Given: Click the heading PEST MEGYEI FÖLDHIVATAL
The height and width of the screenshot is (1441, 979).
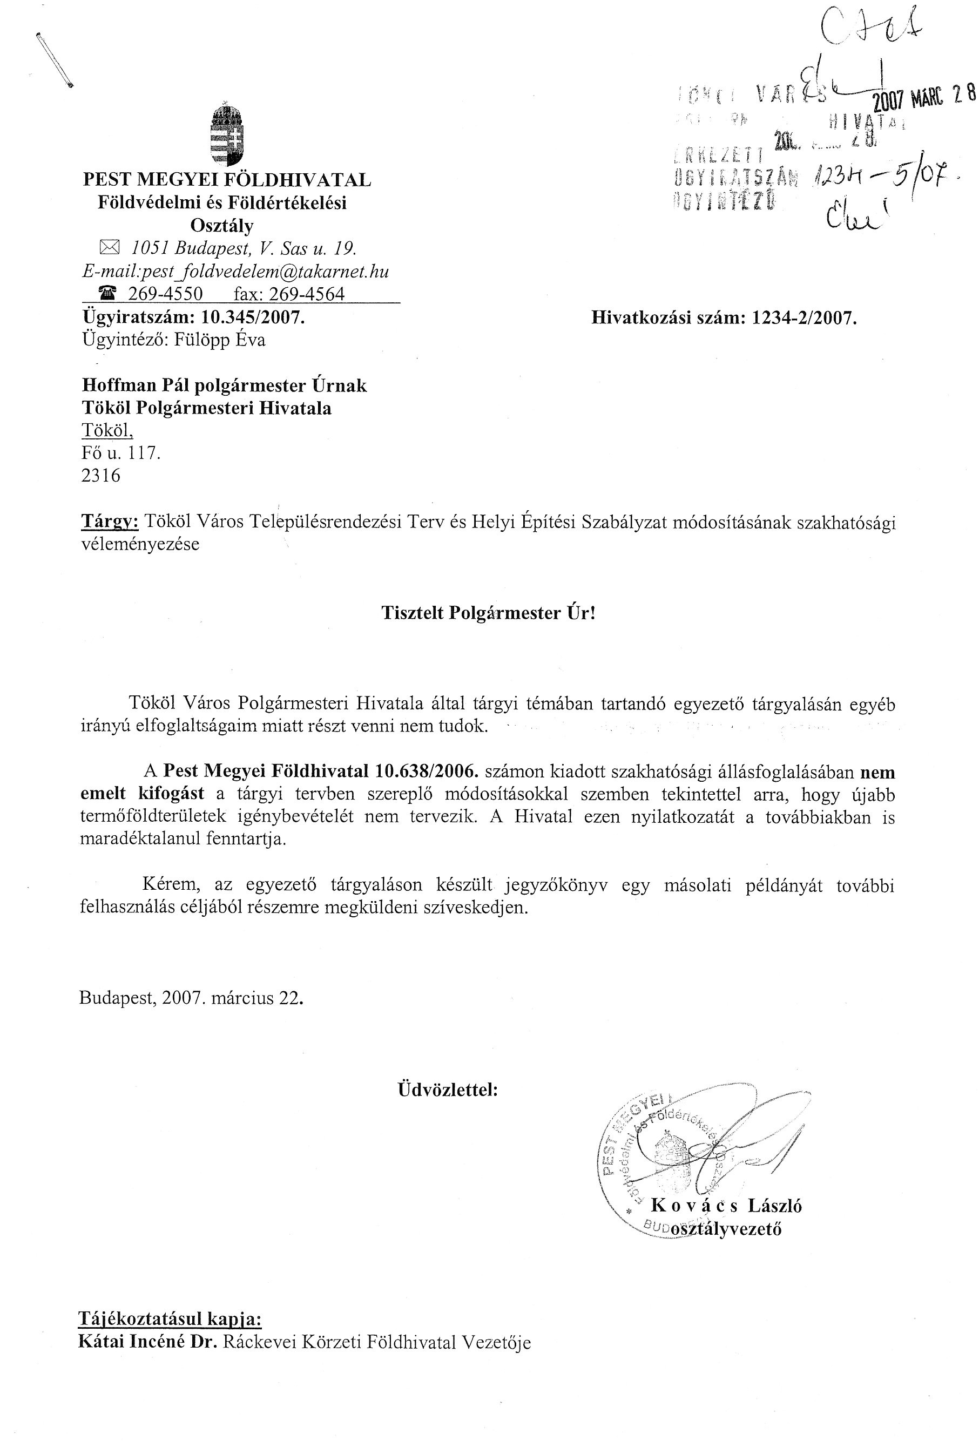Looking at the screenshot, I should click(227, 180).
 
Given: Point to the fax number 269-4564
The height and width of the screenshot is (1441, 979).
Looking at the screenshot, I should click(306, 294).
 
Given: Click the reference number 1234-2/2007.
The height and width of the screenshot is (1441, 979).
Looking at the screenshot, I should click(804, 318).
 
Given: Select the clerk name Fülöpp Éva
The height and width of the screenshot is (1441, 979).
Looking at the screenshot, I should click(221, 340).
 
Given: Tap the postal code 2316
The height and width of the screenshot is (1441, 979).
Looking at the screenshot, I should click(100, 476).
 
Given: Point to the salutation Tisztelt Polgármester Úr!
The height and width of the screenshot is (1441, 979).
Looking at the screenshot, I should click(488, 613).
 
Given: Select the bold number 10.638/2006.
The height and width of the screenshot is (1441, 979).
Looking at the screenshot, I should click(427, 772).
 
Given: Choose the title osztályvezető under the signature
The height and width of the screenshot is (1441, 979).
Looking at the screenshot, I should click(725, 1229).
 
